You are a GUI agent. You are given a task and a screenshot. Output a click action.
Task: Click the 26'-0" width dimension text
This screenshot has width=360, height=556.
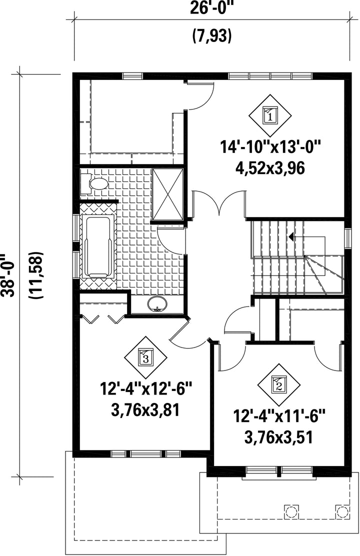212,8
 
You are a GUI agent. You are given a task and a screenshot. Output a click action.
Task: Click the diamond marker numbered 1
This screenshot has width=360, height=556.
270,115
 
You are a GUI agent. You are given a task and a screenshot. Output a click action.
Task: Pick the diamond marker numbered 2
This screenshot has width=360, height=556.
278,384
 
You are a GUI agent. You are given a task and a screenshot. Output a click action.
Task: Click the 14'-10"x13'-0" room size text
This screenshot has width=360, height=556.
270,147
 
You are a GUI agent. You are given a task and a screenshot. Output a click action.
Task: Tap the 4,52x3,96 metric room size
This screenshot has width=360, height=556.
270,168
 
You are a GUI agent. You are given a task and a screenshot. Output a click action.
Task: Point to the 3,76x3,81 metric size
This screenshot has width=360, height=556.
144,410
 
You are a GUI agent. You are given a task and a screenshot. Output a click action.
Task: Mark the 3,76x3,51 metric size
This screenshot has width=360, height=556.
279,437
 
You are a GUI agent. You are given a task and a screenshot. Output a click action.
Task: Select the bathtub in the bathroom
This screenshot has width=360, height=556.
98,247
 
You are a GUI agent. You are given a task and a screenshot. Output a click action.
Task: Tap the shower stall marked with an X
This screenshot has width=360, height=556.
168,194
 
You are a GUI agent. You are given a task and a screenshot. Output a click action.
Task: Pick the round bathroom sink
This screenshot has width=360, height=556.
157,304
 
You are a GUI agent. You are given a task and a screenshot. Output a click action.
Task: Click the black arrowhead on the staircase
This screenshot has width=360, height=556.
291,236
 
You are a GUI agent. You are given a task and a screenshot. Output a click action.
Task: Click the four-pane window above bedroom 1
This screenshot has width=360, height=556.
270,76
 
